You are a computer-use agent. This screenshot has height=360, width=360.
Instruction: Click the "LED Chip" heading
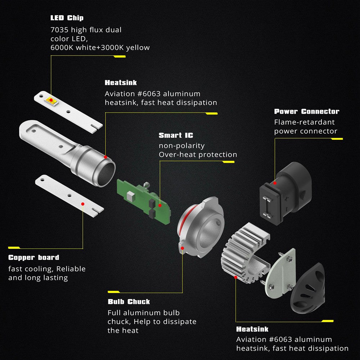[67, 18]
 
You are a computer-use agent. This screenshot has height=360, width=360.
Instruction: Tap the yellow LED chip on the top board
[51, 100]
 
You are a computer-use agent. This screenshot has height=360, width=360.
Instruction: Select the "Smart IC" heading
[176, 135]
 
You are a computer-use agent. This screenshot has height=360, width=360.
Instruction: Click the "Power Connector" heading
[307, 111]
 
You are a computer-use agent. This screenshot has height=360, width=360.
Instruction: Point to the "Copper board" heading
[34, 258]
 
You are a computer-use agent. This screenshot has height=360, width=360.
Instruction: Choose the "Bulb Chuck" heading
[129, 301]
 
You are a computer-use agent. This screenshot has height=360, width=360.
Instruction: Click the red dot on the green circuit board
[160, 206]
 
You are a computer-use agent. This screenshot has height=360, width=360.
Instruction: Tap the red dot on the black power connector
[275, 183]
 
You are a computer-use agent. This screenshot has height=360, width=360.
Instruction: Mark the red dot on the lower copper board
[83, 204]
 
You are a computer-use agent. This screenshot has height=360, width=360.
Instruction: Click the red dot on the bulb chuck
[182, 248]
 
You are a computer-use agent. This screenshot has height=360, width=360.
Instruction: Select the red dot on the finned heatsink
[235, 277]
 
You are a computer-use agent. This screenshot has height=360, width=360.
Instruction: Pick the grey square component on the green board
[130, 195]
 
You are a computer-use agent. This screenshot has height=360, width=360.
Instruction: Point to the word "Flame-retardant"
[304, 122]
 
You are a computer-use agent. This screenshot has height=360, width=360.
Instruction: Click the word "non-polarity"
[181, 146]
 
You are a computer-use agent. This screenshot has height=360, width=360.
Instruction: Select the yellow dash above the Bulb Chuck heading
[114, 292]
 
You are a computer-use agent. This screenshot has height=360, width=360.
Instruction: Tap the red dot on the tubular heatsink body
[105, 157]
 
